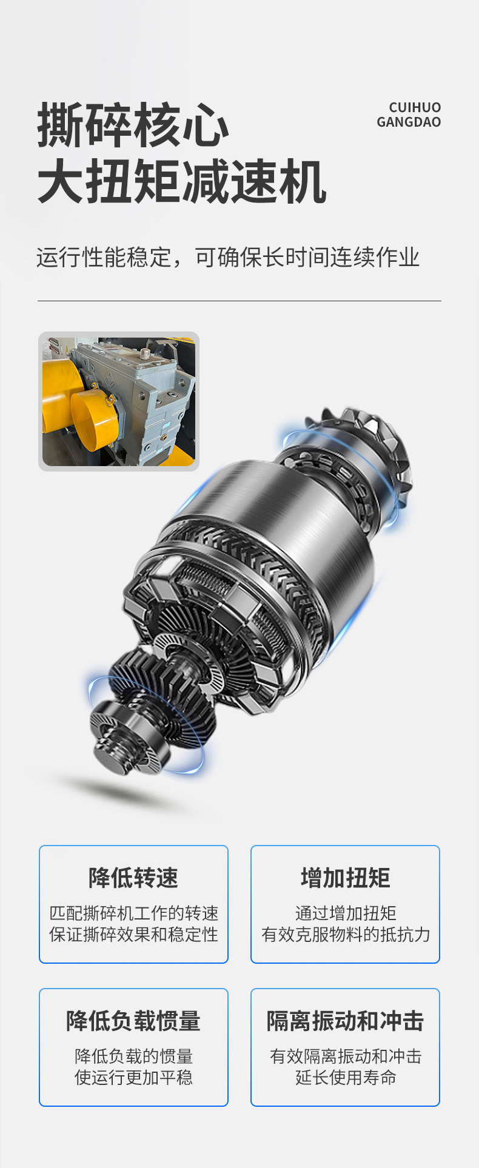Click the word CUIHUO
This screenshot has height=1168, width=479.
[x=415, y=107]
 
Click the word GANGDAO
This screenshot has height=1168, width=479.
[x=409, y=122]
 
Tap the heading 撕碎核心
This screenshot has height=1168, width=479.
[x=133, y=125]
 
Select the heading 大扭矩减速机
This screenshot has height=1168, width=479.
[x=182, y=181]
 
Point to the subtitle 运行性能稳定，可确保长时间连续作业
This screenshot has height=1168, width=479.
[x=228, y=258]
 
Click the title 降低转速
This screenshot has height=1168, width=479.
[x=133, y=878]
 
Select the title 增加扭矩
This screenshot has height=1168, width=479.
[x=346, y=878]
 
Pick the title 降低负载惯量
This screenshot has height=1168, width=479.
[x=133, y=1021]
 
